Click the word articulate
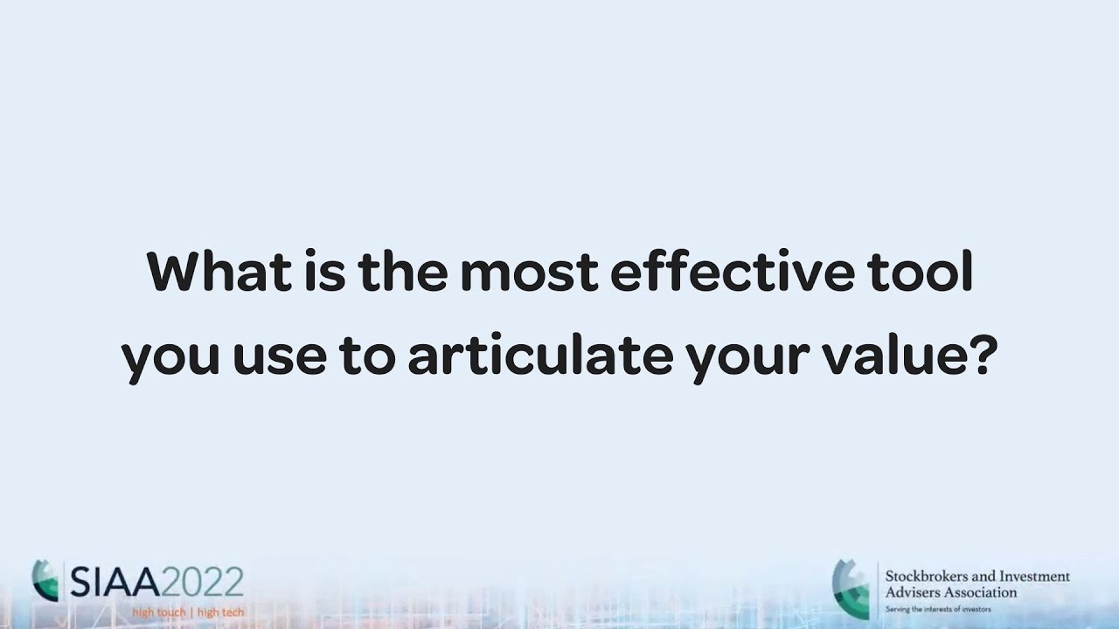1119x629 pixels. (541, 359)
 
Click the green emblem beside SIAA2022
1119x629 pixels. (45, 580)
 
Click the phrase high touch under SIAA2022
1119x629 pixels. (158, 612)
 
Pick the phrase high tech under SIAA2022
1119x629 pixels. (220, 612)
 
